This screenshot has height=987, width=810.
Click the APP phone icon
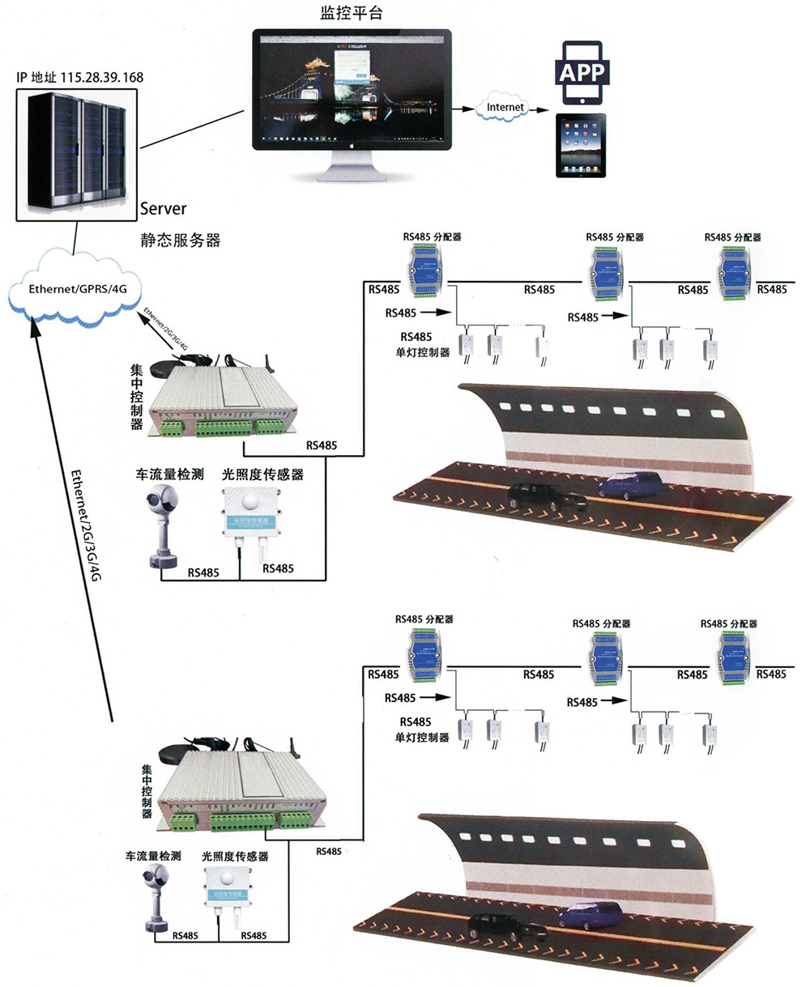[582, 70]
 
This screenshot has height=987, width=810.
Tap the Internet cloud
[505, 107]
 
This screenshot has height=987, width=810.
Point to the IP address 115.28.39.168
[79, 78]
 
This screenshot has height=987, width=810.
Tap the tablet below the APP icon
[582, 145]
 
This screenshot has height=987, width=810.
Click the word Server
[163, 208]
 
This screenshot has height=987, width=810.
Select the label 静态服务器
[180, 240]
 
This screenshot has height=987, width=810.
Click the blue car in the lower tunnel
[590, 915]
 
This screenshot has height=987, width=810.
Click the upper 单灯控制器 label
[422, 352]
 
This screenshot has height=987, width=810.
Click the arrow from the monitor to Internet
[463, 107]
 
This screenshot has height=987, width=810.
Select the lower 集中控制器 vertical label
[147, 793]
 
